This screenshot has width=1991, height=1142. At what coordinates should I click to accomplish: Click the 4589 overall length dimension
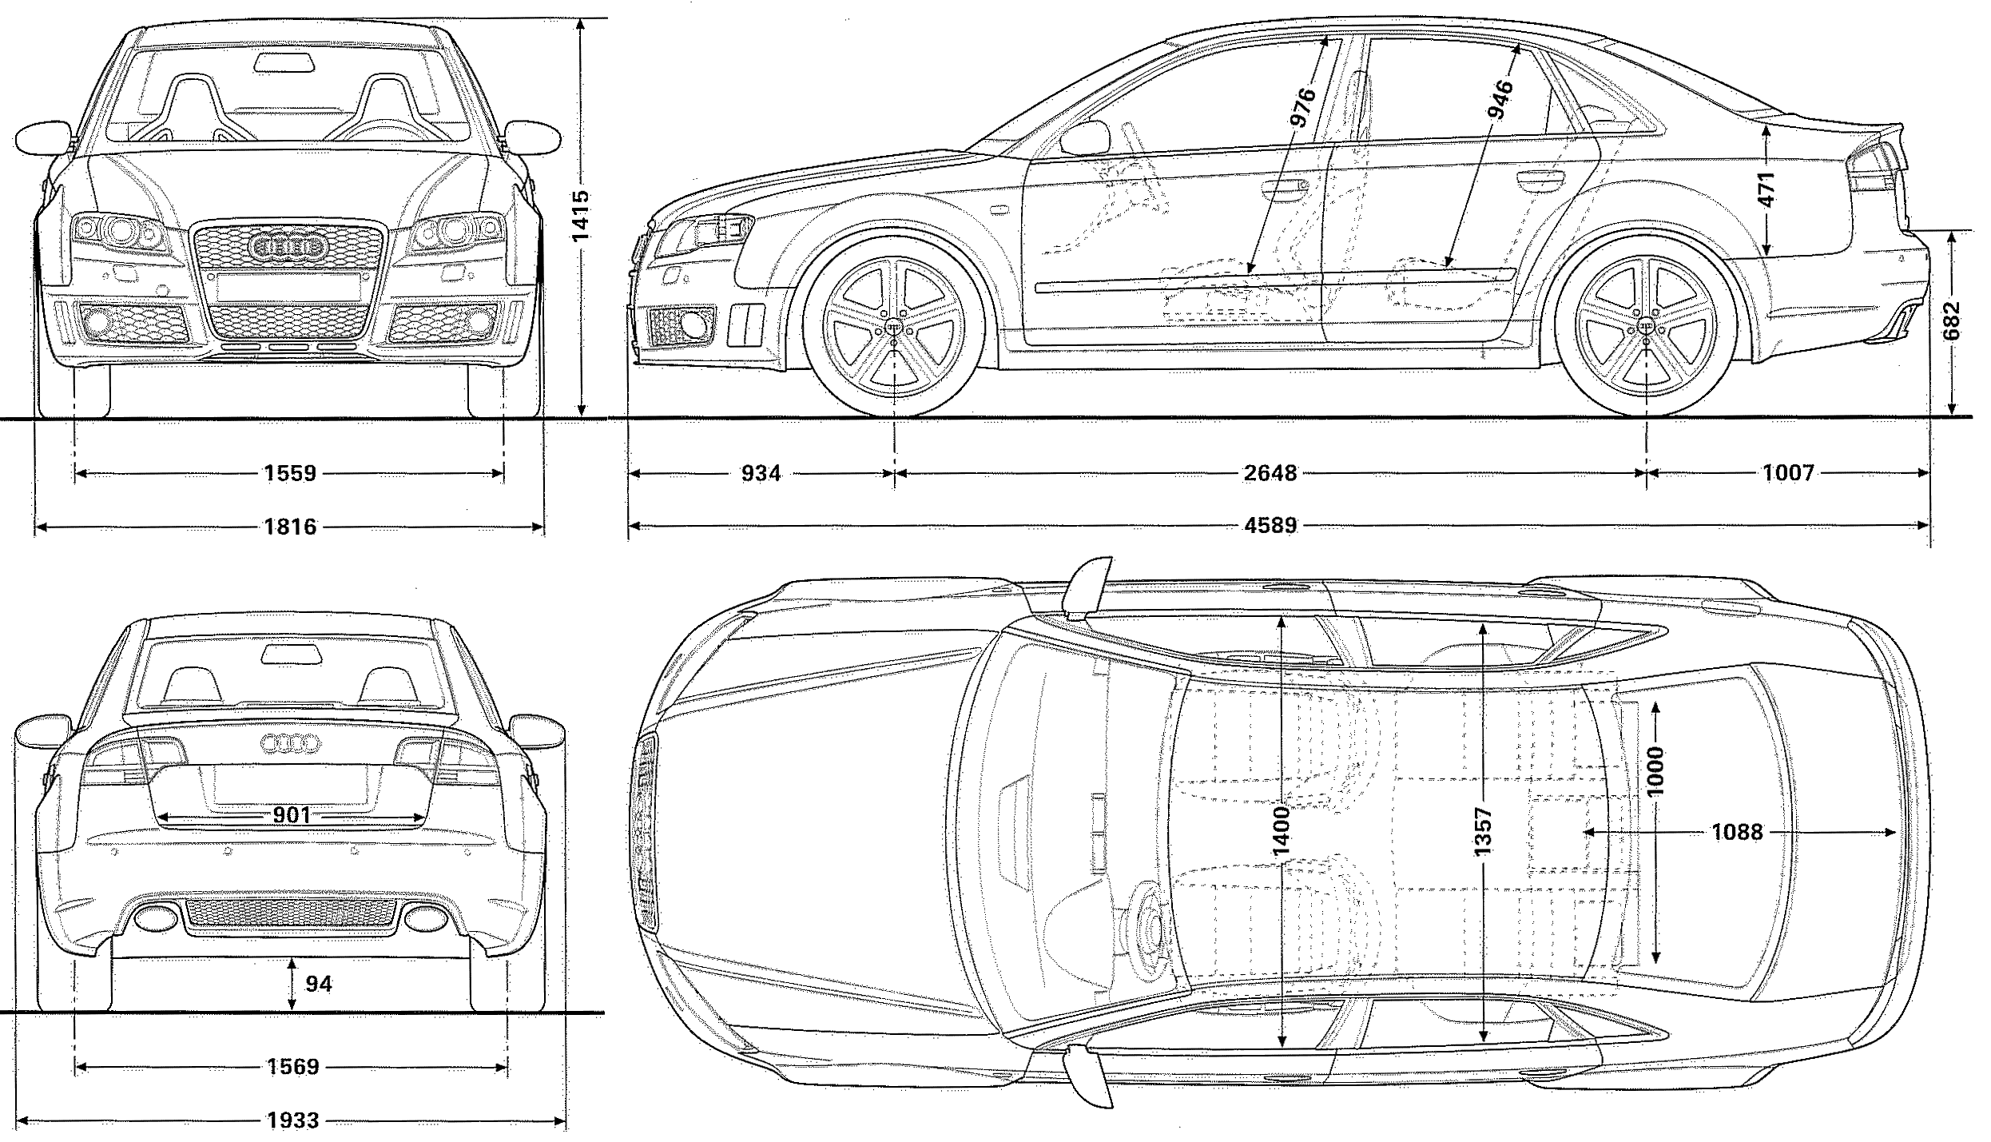1270,526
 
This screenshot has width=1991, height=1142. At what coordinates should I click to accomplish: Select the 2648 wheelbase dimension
1270,474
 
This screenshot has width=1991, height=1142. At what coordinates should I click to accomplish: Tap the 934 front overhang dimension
761,474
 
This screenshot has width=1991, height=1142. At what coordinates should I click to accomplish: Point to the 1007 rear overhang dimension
1788,474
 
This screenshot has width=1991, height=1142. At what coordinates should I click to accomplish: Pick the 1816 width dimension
290,527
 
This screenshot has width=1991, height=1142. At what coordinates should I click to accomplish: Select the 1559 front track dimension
290,474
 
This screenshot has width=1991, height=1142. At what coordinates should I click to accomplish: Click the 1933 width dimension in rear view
292,1120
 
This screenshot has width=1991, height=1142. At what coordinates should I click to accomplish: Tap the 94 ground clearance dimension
318,984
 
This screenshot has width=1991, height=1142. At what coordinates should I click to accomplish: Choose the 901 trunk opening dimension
292,816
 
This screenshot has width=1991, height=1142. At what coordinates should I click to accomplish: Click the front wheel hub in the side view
893,328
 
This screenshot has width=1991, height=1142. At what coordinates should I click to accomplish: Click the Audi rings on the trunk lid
290,744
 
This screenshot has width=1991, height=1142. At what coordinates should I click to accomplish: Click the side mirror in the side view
1085,139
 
